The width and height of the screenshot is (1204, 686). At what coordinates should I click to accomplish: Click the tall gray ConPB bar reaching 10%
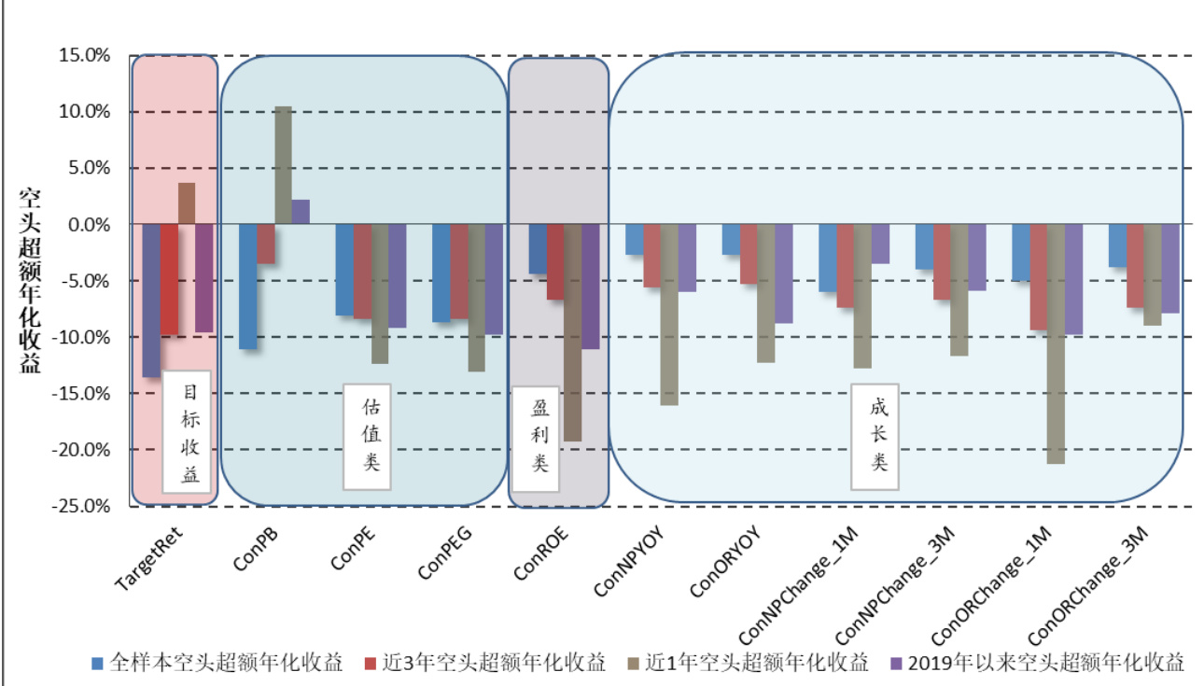pyautogui.click(x=283, y=165)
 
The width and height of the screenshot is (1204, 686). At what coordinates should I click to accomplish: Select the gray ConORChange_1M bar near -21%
pyautogui.click(x=1056, y=343)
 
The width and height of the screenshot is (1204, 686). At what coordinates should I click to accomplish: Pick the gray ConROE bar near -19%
pyautogui.click(x=573, y=332)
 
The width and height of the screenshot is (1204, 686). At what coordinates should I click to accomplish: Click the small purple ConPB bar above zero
pyautogui.click(x=301, y=212)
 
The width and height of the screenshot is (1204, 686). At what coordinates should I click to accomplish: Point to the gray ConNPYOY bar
pyautogui.click(x=669, y=315)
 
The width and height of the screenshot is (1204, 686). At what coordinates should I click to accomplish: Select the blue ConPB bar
pyautogui.click(x=247, y=287)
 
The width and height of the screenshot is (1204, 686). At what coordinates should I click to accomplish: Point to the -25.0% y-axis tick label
pyautogui.click(x=83, y=507)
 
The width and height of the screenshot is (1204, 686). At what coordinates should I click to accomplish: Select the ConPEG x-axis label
pyautogui.click(x=445, y=553)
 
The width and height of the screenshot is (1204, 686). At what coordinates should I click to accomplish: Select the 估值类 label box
pyautogui.click(x=367, y=436)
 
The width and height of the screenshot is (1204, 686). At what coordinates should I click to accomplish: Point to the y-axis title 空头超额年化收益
pyautogui.click(x=30, y=280)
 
